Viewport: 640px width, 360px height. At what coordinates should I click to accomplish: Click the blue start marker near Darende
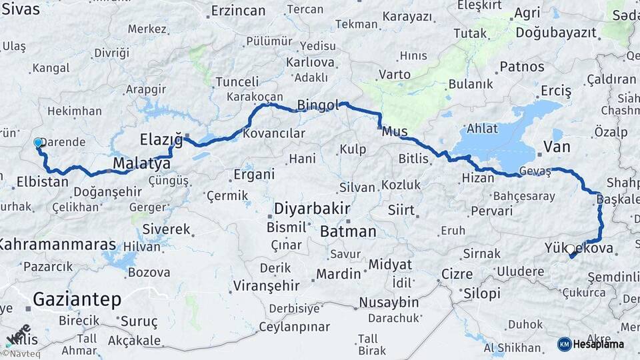coord(37,142)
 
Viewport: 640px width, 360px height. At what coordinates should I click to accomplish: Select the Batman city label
coord(348,231)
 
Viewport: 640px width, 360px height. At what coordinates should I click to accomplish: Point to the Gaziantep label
coord(77,299)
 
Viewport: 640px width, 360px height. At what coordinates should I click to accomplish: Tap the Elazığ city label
coord(161,139)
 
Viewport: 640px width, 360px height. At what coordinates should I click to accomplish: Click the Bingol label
coord(318,105)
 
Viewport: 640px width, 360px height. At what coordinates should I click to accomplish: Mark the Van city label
coord(557,146)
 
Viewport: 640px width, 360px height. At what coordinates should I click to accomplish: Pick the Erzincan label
coord(238,11)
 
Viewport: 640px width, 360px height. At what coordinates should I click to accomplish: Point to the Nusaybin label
coord(389,302)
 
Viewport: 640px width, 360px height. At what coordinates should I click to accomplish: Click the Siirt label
coord(401,211)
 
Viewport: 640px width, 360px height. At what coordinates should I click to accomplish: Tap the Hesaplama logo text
coord(598,344)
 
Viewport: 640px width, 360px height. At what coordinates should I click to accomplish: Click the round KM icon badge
coord(564,344)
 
